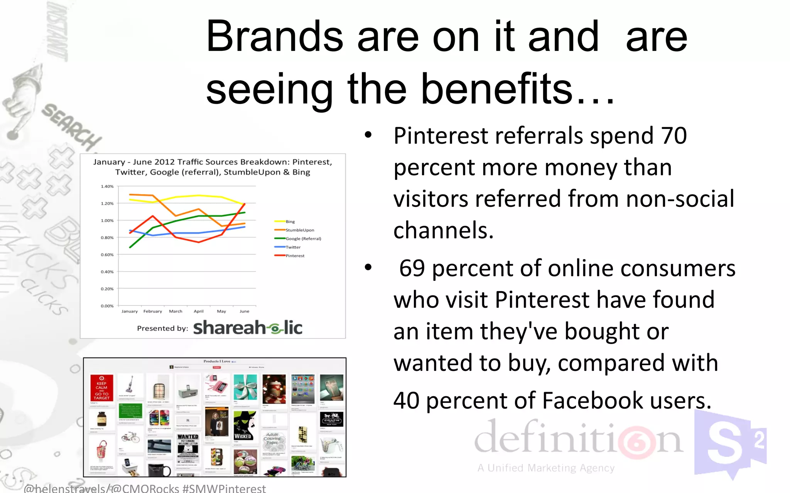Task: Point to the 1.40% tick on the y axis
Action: coord(107,186)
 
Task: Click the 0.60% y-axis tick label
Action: coord(107,255)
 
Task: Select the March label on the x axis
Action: coord(176,311)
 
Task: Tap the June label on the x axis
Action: coord(244,311)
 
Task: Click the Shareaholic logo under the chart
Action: coord(247,328)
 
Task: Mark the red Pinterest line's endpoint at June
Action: coord(245,204)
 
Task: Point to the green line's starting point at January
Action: coord(130,247)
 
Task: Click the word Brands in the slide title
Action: coord(274,37)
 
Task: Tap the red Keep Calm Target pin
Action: coord(102,388)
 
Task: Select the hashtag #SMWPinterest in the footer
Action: coord(224,488)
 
